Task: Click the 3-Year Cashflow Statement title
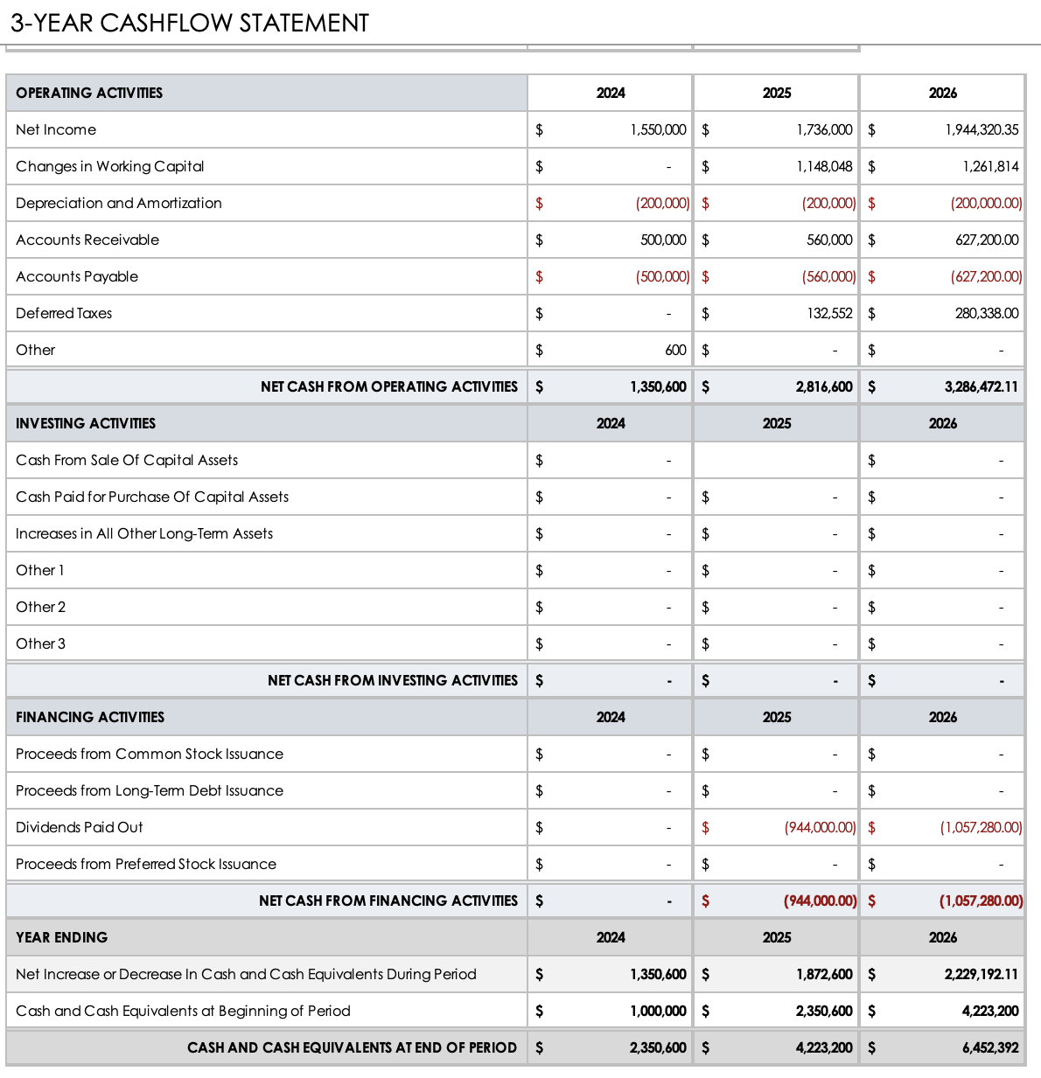click(190, 23)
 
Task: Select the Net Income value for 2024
click(658, 129)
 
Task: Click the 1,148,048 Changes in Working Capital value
click(824, 166)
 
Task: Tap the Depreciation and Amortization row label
click(119, 203)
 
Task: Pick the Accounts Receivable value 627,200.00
click(987, 240)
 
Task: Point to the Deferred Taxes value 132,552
click(829, 313)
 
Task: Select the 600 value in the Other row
click(675, 350)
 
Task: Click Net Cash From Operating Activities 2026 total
click(981, 386)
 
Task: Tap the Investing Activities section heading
click(86, 423)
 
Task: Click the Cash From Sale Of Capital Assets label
click(127, 460)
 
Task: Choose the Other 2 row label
click(41, 607)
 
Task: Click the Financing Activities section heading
click(90, 717)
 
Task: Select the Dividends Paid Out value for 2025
click(820, 827)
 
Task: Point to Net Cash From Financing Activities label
click(388, 901)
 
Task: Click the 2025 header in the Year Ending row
click(776, 937)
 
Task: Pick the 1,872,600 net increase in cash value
click(824, 974)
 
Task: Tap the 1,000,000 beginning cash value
click(658, 1011)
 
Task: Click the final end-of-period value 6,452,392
click(990, 1047)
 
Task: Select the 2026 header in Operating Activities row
click(942, 93)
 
